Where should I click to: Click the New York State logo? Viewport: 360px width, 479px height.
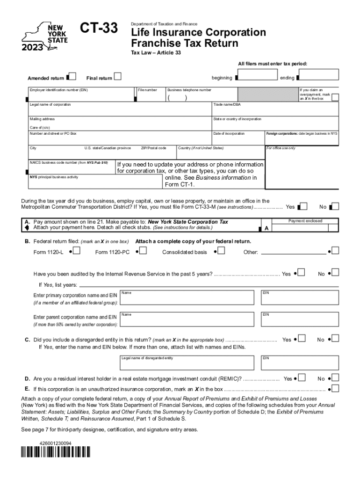tap(45, 36)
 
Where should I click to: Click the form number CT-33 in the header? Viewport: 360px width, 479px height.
tap(99, 29)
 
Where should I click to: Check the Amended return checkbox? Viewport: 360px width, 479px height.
tap(72, 76)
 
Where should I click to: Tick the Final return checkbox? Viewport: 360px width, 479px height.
tap(118, 76)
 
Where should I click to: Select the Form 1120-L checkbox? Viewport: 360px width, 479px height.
tap(77, 251)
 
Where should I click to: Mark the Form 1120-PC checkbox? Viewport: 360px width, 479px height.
tap(143, 251)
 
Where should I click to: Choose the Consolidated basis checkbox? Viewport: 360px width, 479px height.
tap(221, 251)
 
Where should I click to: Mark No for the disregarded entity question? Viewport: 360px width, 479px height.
tap(335, 338)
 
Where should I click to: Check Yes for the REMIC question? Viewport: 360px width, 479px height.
tap(302, 377)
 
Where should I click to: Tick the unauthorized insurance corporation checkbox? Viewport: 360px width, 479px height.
tap(335, 388)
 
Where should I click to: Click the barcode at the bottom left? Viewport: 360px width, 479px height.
tap(56, 452)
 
